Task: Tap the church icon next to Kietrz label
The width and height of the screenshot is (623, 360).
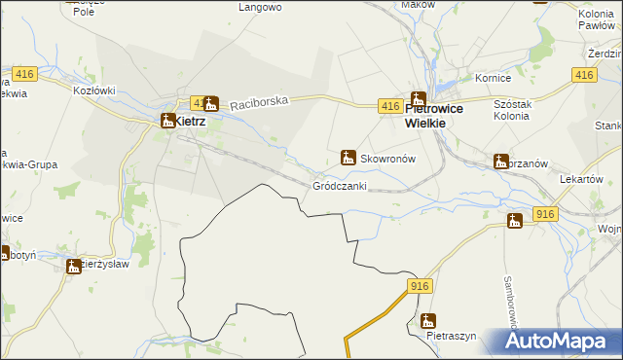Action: click(x=167, y=121)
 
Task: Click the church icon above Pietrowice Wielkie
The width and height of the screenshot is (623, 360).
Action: click(x=418, y=99)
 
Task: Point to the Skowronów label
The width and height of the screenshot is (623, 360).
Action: click(x=388, y=158)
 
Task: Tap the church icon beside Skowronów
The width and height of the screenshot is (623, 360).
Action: click(x=348, y=157)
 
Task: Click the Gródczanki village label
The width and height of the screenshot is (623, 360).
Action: click(x=340, y=186)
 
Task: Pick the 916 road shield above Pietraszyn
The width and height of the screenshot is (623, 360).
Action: click(x=420, y=285)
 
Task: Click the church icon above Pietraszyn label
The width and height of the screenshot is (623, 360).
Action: click(x=428, y=320)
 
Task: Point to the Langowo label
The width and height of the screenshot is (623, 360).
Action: click(x=260, y=7)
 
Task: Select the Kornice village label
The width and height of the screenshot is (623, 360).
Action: click(x=493, y=77)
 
